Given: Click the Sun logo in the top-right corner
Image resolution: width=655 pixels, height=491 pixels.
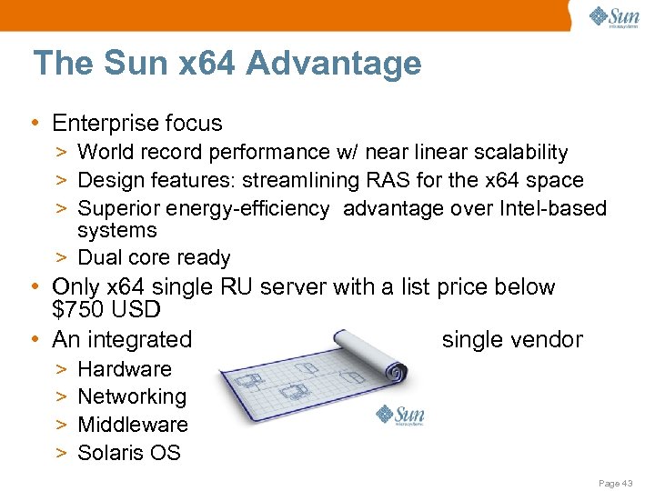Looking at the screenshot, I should coord(614,17).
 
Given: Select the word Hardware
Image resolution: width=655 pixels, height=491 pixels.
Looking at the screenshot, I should coord(125,369).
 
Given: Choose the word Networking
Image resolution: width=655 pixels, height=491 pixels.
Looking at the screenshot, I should coord(132,396).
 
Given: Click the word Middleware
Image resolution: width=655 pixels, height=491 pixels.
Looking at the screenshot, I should coord(133,425).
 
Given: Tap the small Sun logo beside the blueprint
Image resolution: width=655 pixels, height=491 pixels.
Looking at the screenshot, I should coord(400,416).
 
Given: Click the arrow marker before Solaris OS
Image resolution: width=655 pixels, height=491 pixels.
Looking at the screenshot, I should coord(60,453).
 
